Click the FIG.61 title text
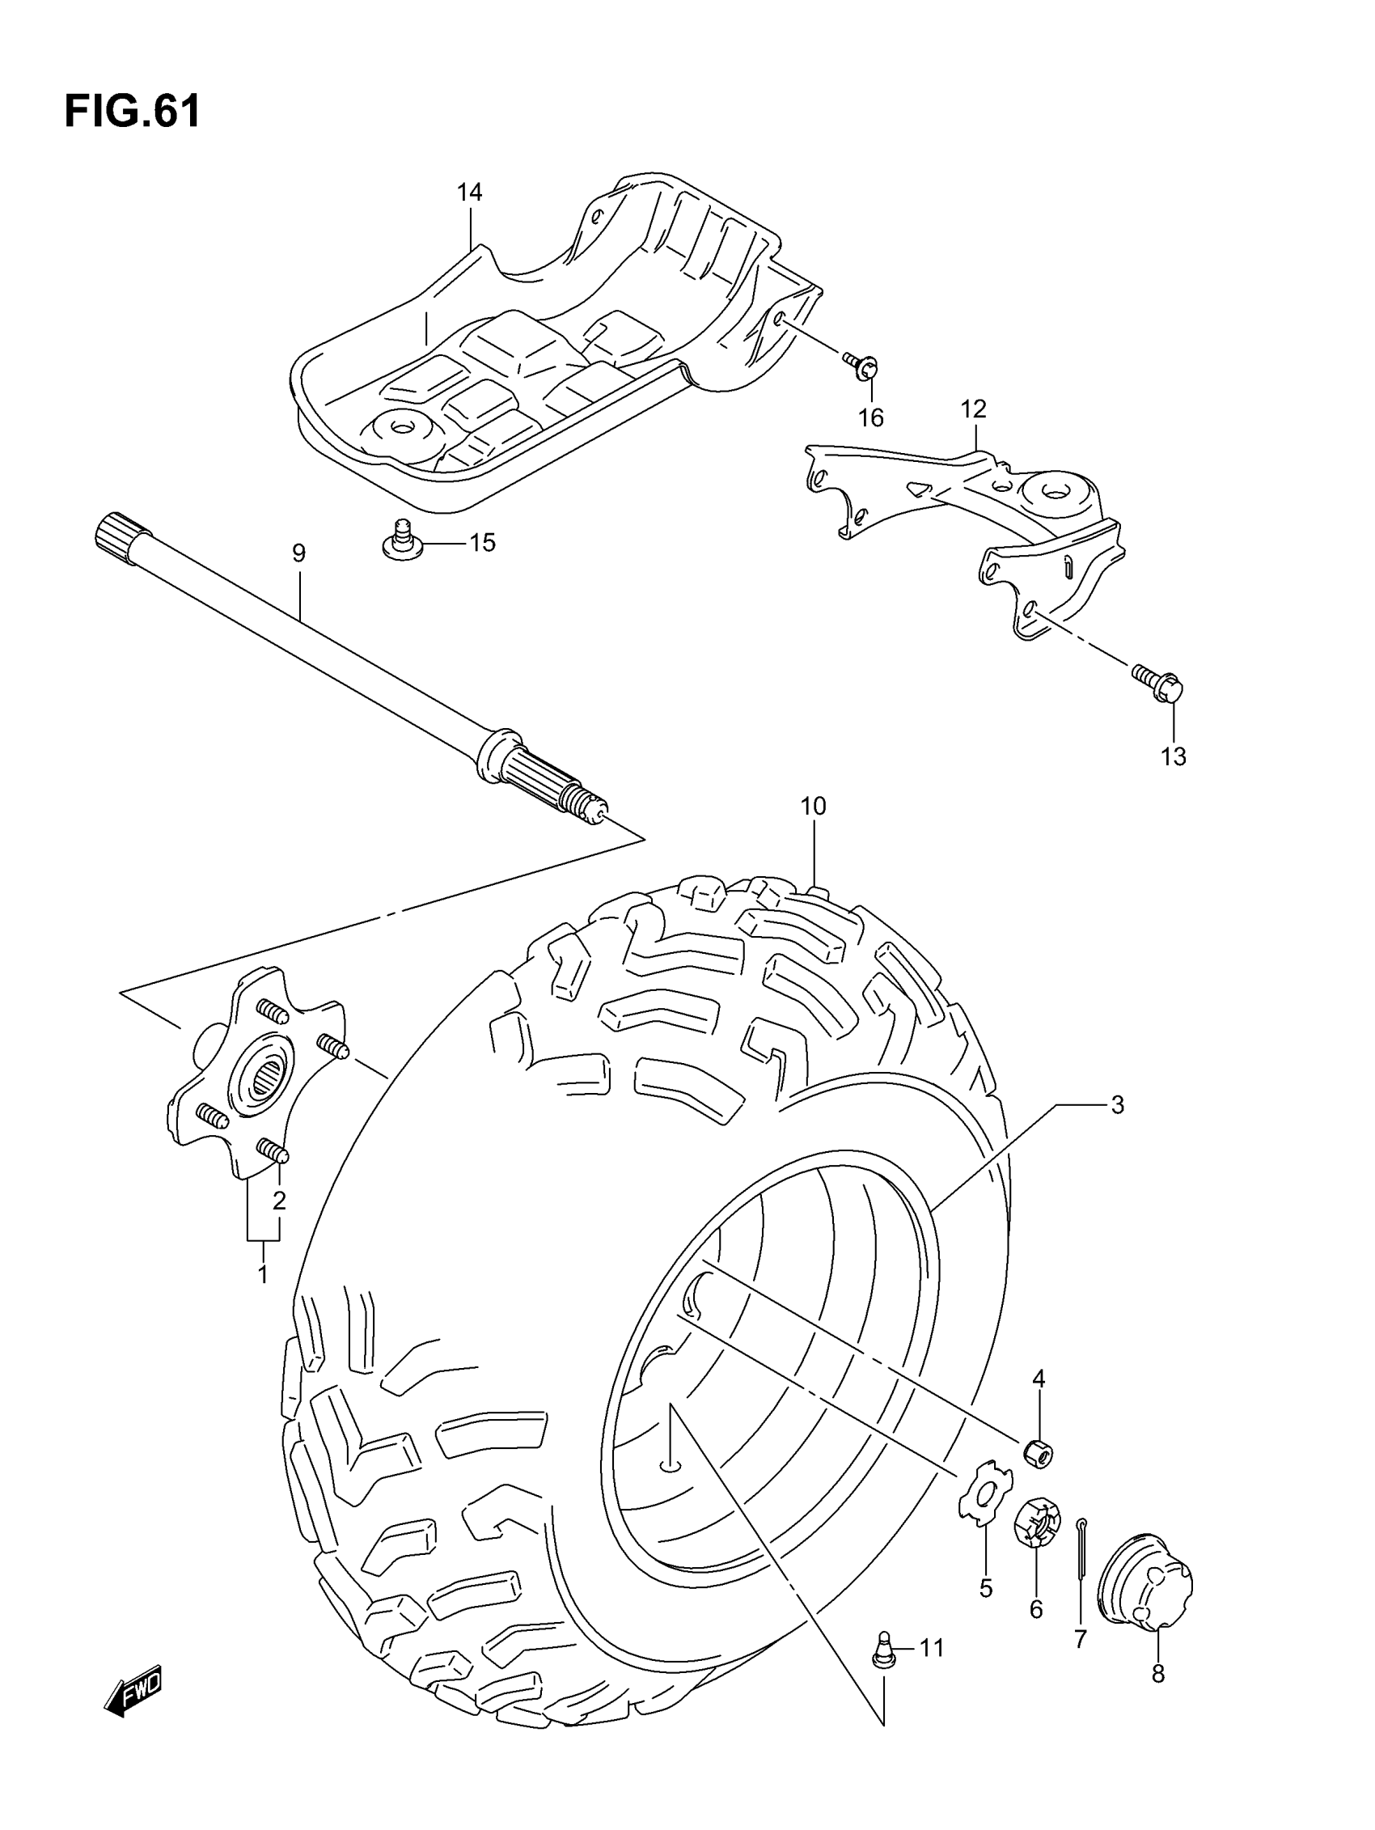pos(133,111)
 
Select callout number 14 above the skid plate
pos(469,193)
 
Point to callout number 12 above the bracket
pos(974,409)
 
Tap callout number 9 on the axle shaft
pos(298,553)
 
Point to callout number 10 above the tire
pos(813,806)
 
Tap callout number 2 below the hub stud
pos(280,1200)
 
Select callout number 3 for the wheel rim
pos(1117,1104)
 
